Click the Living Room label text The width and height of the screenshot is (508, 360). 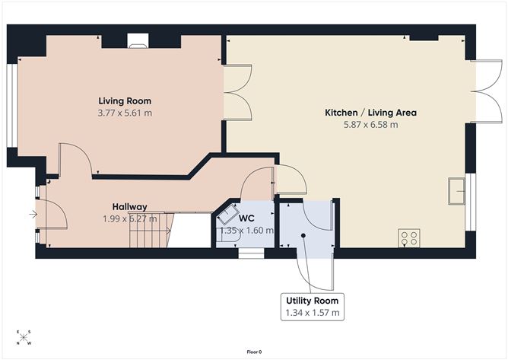[125, 101]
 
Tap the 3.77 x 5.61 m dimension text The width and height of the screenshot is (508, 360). [125, 113]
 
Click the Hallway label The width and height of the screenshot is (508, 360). [129, 206]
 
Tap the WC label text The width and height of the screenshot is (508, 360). [246, 218]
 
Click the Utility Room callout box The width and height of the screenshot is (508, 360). [313, 306]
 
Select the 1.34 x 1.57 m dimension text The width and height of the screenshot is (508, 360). [313, 313]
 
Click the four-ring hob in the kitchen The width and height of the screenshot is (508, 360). [409, 238]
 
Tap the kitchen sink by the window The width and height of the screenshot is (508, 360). [458, 190]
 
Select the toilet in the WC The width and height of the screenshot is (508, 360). [227, 220]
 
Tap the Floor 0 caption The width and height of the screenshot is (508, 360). [254, 352]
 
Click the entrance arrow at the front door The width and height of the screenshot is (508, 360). [33, 215]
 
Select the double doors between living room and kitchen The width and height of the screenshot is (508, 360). [237, 94]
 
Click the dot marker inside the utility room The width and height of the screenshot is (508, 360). [303, 236]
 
